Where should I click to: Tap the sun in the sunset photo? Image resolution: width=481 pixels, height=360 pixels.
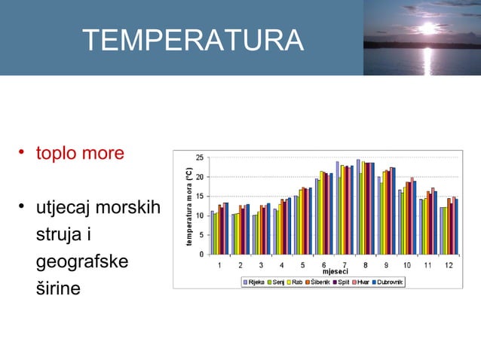tap(428, 29)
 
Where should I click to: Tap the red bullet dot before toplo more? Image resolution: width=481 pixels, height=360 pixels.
tap(23, 154)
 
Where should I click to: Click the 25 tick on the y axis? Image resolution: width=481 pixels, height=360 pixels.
tap(199, 157)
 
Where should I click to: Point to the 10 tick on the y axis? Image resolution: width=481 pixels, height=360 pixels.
tap(199, 215)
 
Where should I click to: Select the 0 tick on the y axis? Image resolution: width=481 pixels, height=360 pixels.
tap(201, 254)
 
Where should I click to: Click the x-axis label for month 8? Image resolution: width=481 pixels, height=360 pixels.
tap(365, 265)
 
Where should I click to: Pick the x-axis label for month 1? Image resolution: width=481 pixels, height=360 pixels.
tap(219, 265)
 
